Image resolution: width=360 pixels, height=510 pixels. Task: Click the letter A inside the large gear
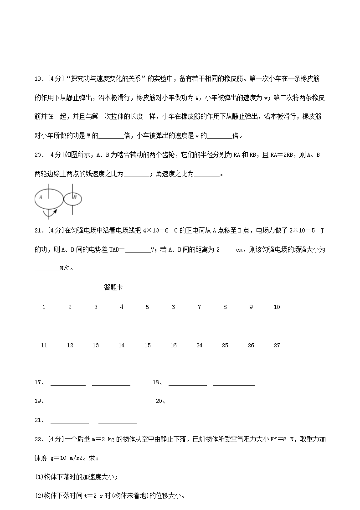(x=41, y=197)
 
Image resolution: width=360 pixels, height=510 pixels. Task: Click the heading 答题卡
(x=113, y=287)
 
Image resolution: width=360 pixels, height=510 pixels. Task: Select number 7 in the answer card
(x=199, y=307)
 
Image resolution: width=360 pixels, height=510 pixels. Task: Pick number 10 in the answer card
(x=277, y=307)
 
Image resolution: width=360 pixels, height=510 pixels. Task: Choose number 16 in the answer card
(x=173, y=345)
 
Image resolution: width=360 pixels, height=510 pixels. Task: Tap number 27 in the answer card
(x=277, y=345)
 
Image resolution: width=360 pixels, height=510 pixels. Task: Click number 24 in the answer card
(x=199, y=345)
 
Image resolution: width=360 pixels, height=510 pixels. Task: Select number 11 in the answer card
(x=44, y=345)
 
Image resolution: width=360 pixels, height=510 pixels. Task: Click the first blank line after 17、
(x=68, y=385)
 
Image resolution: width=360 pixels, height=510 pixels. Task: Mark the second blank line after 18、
(x=234, y=385)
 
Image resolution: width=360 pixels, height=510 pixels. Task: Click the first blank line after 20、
(x=190, y=403)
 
